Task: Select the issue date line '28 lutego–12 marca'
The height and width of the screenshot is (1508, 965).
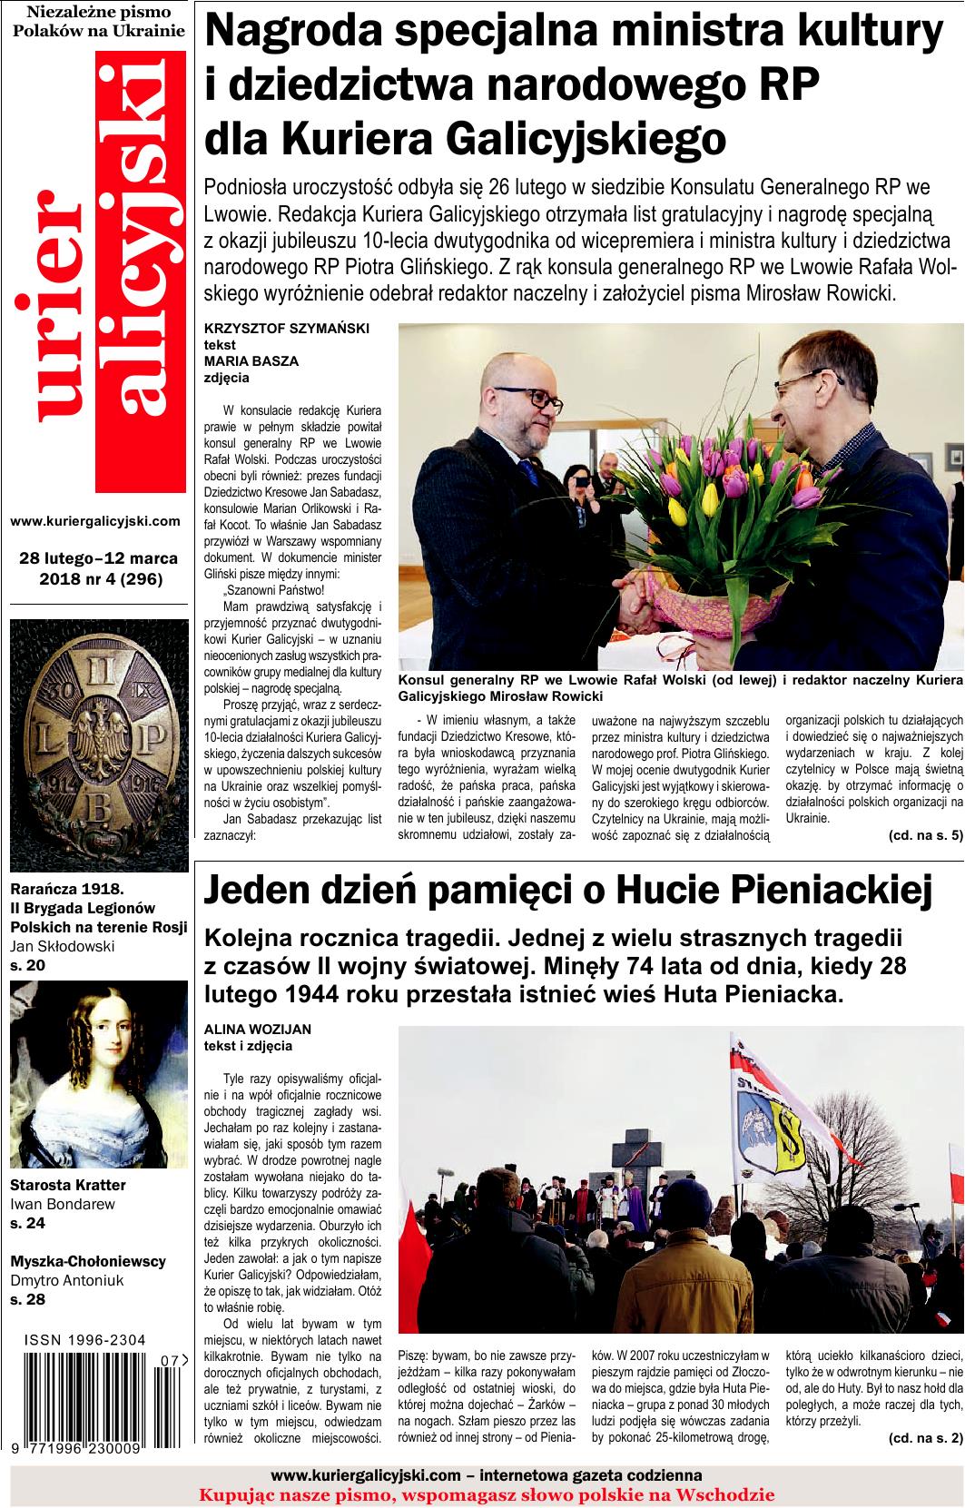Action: coord(98,557)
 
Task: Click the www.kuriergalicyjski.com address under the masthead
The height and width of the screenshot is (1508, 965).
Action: coord(95,521)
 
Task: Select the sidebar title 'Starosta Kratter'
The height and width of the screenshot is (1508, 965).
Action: coord(68,1185)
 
